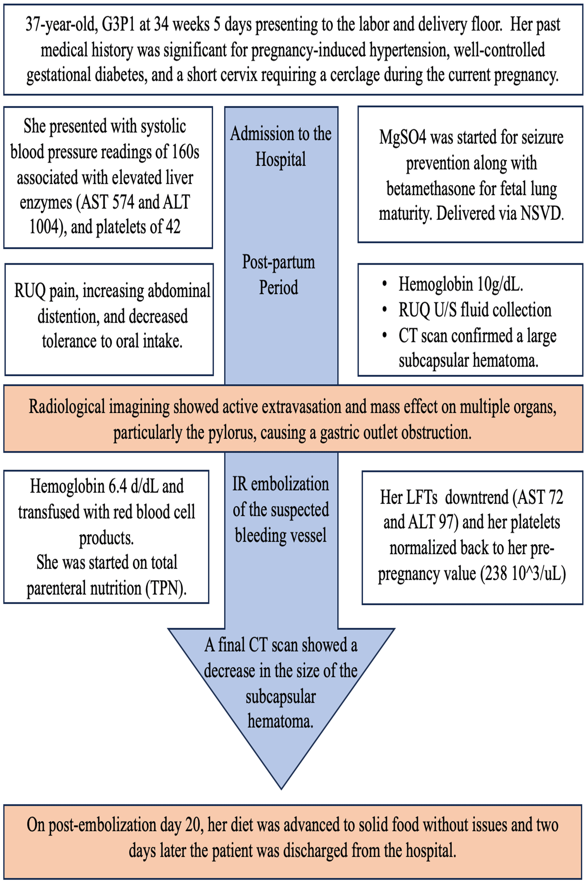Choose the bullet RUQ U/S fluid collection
[x=475, y=310]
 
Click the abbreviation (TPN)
[x=166, y=589]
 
